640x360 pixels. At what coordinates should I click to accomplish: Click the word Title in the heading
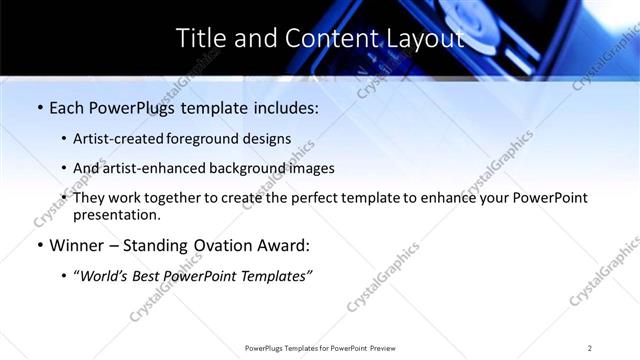(199, 39)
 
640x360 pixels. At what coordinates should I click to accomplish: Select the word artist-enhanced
(154, 168)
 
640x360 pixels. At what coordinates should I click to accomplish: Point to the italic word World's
(106, 276)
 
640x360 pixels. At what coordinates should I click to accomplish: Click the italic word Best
(152, 276)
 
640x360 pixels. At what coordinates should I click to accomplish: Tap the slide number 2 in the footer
(590, 348)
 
